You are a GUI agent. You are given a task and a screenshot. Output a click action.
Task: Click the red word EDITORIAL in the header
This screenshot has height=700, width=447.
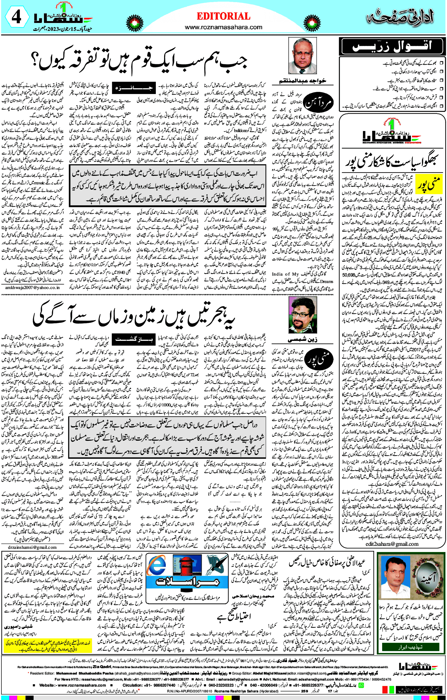(223, 16)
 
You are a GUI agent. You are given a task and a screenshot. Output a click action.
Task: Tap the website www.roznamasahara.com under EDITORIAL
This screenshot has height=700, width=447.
(223, 27)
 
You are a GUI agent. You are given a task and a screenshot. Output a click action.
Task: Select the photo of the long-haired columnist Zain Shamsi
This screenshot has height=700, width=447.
(302, 315)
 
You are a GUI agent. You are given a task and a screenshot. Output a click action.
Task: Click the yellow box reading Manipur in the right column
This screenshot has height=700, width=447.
(429, 184)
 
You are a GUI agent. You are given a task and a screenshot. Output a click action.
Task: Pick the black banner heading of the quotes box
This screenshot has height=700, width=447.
(392, 47)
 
